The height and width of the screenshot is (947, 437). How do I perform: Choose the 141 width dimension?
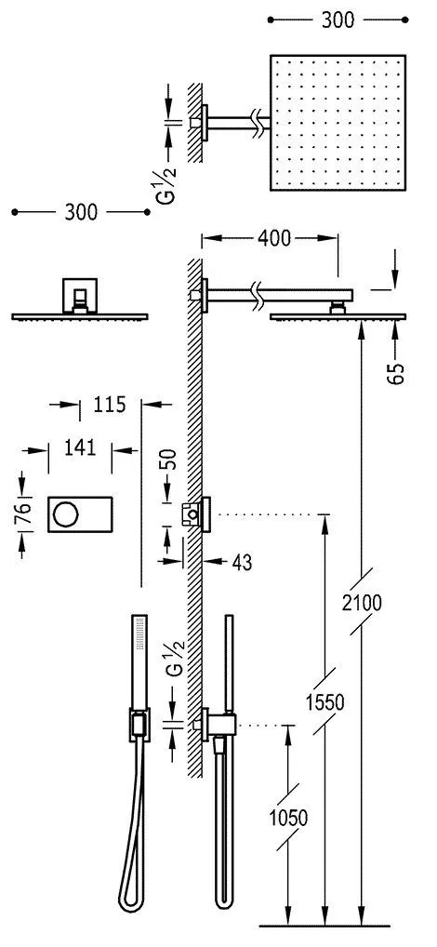(81, 448)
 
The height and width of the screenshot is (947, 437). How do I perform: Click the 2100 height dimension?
(361, 602)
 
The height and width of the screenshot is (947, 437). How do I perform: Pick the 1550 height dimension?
(324, 702)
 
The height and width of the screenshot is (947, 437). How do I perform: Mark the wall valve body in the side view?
(200, 513)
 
